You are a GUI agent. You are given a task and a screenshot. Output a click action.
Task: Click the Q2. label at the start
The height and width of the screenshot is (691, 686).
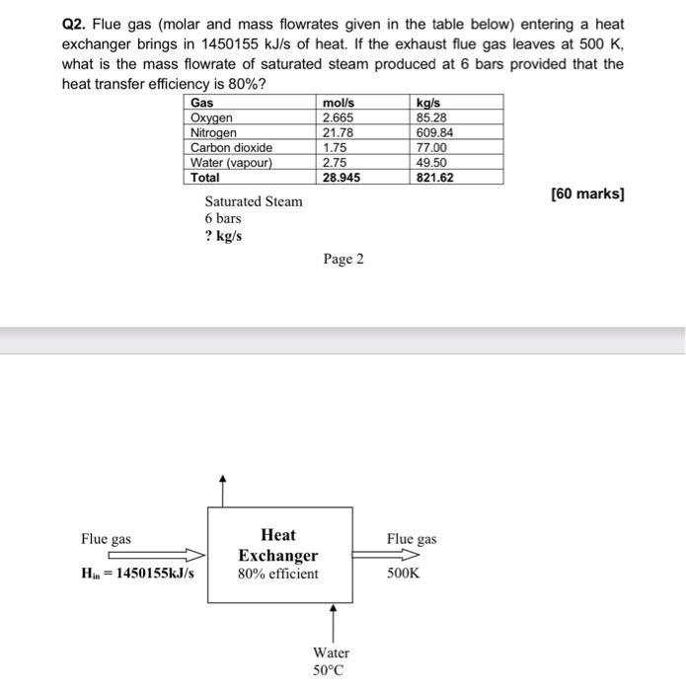(76, 23)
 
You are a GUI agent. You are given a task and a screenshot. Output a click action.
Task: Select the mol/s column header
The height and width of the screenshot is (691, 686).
(340, 103)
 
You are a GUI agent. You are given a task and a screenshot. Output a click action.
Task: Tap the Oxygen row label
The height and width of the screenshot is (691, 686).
(212, 117)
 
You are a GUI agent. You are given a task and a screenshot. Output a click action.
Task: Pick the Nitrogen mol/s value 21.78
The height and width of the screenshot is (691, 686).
(339, 132)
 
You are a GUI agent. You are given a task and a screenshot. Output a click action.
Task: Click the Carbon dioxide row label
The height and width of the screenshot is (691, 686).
(231, 147)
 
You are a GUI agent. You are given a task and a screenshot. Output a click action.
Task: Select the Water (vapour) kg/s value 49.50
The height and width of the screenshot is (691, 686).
(432, 162)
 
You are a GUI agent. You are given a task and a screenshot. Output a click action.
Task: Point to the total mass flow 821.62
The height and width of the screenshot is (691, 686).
(435, 178)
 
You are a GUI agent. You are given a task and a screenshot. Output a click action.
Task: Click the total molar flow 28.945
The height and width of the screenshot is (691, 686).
(342, 178)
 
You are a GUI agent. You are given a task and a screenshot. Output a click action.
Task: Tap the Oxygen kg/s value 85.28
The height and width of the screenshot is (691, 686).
(432, 117)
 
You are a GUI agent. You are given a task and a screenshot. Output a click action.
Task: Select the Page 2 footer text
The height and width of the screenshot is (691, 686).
(343, 259)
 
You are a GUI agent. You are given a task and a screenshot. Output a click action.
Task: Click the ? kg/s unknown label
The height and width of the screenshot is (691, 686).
(223, 237)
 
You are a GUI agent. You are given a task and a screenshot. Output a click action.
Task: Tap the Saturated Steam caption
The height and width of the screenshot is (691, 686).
(254, 201)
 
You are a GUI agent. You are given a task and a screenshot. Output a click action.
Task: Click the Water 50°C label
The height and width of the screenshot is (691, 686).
(331, 661)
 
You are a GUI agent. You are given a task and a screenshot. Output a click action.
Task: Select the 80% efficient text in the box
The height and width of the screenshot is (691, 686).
(278, 574)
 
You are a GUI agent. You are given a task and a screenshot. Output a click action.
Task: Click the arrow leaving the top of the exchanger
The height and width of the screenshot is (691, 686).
(223, 490)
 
